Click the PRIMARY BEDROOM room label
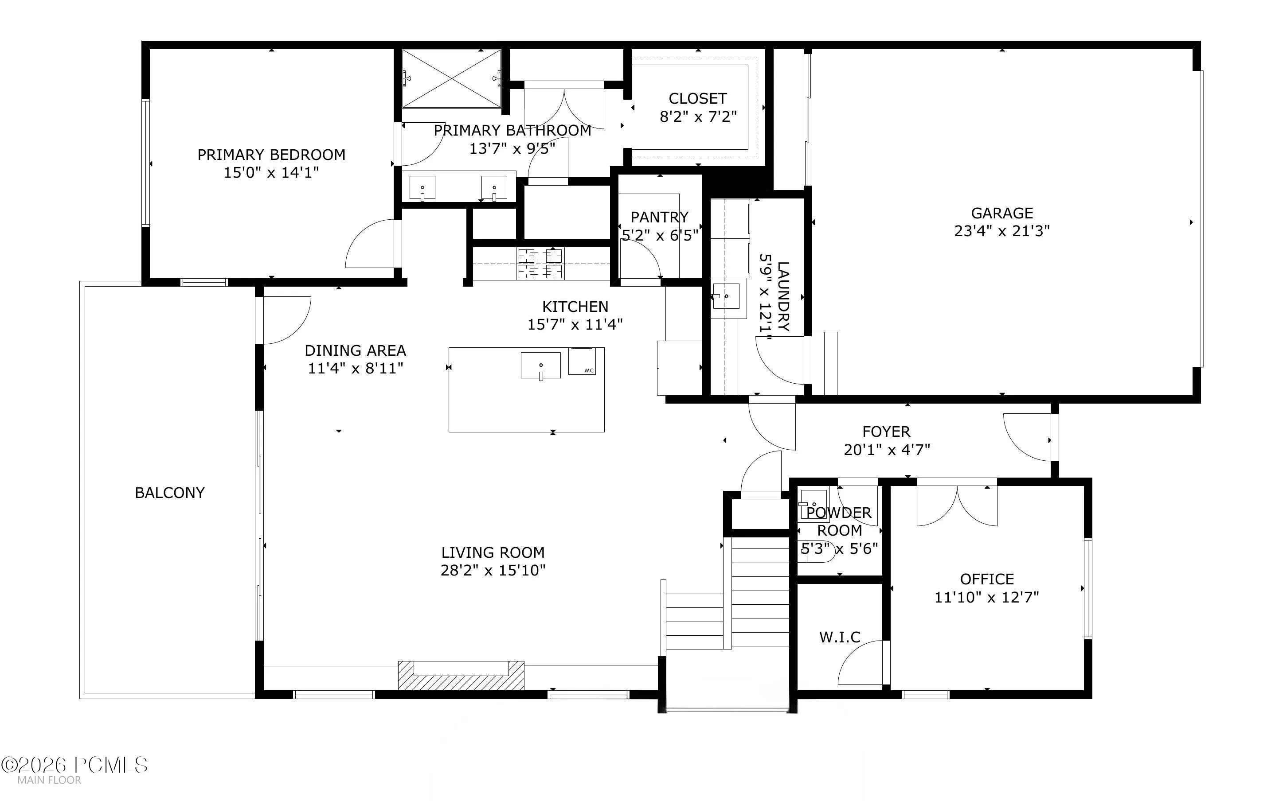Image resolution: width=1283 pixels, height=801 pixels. (x=271, y=155)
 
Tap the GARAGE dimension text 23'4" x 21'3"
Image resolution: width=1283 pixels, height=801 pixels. (x=1001, y=231)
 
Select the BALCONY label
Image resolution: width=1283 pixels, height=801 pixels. (x=170, y=493)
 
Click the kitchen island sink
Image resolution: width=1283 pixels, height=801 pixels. (x=540, y=366)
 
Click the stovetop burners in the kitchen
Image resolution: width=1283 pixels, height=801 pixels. (x=540, y=263)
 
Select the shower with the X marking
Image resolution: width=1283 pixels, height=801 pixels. (x=451, y=78)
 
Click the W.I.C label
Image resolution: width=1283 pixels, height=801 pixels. (x=840, y=637)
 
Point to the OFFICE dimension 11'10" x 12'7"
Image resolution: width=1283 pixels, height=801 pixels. (x=986, y=597)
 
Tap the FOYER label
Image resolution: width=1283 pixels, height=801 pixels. (x=886, y=432)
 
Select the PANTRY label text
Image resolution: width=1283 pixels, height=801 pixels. (x=659, y=217)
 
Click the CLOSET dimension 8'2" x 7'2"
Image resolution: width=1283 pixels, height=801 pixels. (x=698, y=117)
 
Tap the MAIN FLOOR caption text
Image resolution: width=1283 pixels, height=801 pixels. (x=49, y=780)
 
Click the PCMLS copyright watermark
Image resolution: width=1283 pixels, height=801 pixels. (x=74, y=765)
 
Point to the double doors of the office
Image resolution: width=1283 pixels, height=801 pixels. (x=957, y=506)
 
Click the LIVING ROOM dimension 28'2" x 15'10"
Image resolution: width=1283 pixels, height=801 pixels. (x=493, y=570)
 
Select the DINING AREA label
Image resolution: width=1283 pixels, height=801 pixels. (x=355, y=351)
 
